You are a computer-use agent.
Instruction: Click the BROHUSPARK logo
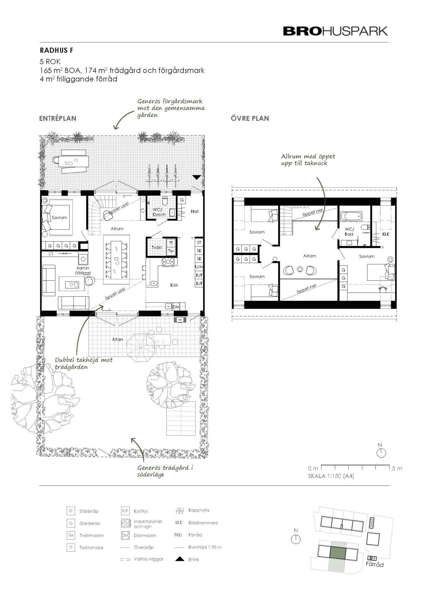[335, 31]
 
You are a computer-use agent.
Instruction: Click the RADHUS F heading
[56, 50]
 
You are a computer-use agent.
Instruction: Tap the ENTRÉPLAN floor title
[58, 118]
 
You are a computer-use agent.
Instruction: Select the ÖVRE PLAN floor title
[250, 118]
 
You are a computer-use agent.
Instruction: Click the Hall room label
[194, 211]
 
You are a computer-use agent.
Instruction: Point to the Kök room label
[174, 285]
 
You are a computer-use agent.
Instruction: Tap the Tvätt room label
[157, 248]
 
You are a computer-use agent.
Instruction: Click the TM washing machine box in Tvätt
[171, 251]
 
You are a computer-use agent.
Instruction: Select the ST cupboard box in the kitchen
[199, 243]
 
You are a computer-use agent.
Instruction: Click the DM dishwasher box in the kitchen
[176, 307]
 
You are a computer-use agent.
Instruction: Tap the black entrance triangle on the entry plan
[197, 177]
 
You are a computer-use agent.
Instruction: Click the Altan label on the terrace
[118, 339]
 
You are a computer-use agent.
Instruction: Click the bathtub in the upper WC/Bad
[351, 216]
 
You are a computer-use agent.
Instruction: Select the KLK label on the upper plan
[386, 234]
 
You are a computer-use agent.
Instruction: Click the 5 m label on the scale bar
[397, 469]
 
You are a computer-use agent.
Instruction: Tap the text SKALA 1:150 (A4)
[331, 476]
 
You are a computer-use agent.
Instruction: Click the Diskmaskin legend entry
[145, 535]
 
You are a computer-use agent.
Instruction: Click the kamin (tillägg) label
[83, 270]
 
